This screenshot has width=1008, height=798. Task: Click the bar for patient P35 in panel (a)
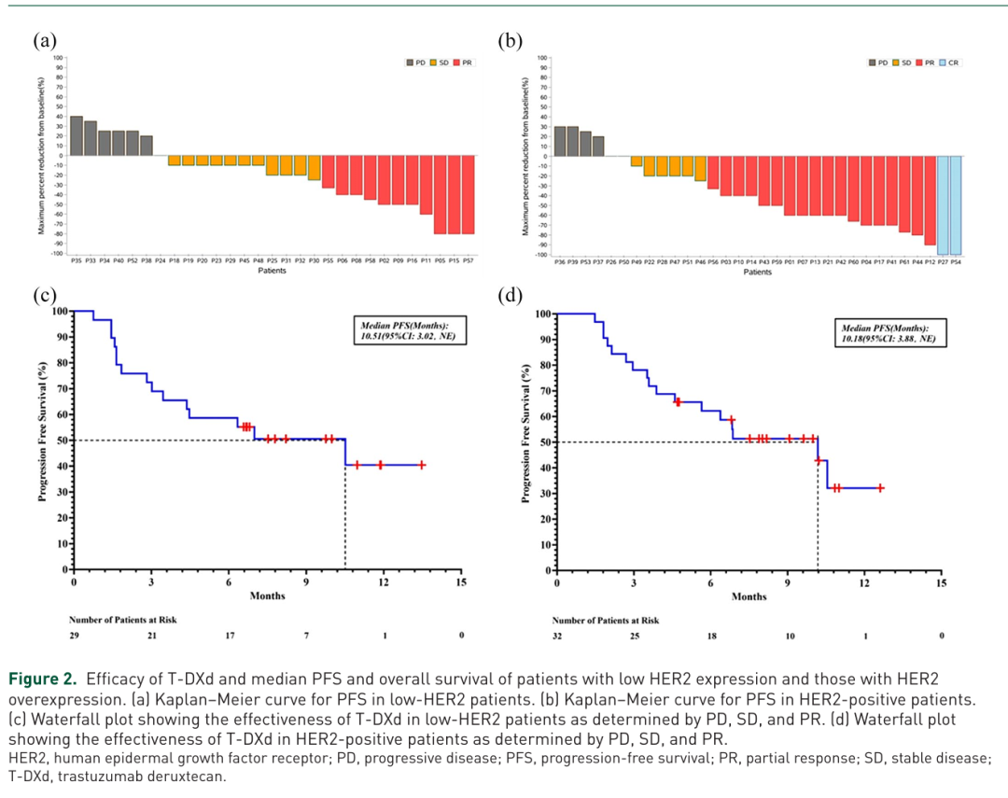pos(76,135)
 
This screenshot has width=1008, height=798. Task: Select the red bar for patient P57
pos(468,194)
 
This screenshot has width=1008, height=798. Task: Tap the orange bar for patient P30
pos(315,167)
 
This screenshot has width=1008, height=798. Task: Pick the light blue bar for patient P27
pos(942,204)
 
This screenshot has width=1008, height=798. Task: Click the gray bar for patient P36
pos(560,140)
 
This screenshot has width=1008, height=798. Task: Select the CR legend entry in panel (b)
pos(948,62)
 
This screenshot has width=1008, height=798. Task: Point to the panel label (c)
pos(45,296)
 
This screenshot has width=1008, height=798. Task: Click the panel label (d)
pos(510,296)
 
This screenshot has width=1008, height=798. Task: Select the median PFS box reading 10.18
pos(884,333)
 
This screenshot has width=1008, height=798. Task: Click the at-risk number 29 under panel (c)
pos(74,635)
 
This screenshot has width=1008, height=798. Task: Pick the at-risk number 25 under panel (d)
pos(634,636)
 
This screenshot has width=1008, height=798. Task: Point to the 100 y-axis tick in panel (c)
pos(62,311)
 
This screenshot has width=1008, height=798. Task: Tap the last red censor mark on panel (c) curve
pos(422,465)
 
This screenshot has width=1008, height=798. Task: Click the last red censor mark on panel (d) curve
pos(879,488)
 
